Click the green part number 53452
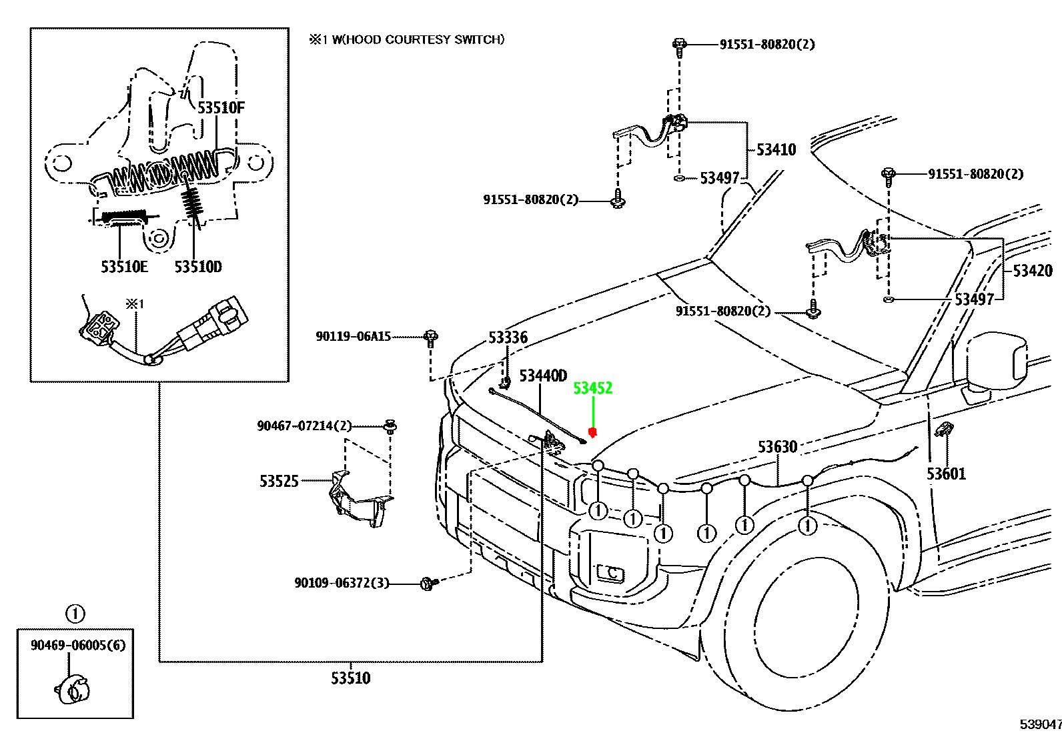coord(592,388)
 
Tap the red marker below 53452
coord(592,432)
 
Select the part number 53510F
coord(221,108)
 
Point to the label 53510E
coord(124,267)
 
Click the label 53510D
coord(197,267)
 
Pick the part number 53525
coord(280,482)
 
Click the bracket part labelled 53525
coord(360,498)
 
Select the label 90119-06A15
coord(353,337)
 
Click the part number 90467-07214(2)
coord(305,426)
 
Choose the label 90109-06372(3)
coord(342,583)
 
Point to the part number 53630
coord(778,447)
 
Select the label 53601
coord(947,474)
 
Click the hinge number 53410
coord(776,150)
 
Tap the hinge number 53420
coord(1032,271)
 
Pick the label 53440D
coord(543,376)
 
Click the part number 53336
coord(508,337)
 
